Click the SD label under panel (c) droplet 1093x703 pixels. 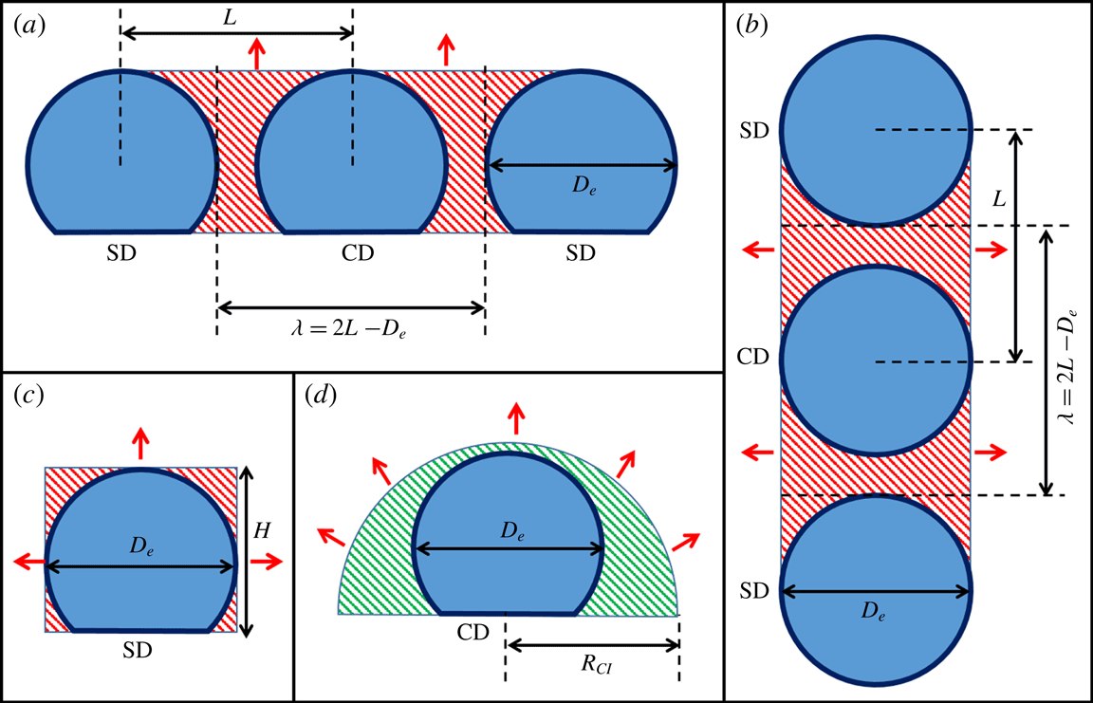139,652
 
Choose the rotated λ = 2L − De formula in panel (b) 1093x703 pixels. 1071,361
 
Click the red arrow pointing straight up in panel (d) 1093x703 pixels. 515,416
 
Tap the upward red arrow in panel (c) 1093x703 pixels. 139,442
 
